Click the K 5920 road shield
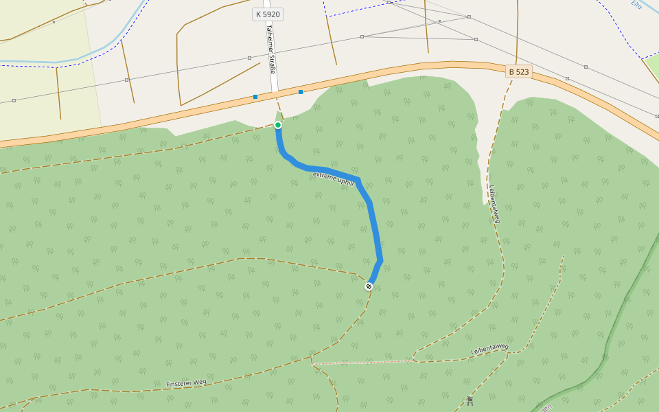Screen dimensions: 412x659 (x=268, y=14)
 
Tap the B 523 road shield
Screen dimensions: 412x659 (x=519, y=71)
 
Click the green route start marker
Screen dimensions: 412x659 (x=278, y=125)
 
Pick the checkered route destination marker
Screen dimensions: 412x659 (x=369, y=286)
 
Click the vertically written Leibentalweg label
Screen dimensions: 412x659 (x=494, y=203)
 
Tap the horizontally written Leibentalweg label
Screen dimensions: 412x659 (x=489, y=350)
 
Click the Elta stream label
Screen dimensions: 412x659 (x=636, y=7)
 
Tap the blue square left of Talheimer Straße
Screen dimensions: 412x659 (x=255, y=97)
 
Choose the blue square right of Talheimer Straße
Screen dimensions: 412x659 (x=301, y=92)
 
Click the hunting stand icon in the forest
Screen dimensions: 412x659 (x=470, y=400)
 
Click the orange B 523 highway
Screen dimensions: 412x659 (x=412, y=68)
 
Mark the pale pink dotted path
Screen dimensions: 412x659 (x=364, y=362)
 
